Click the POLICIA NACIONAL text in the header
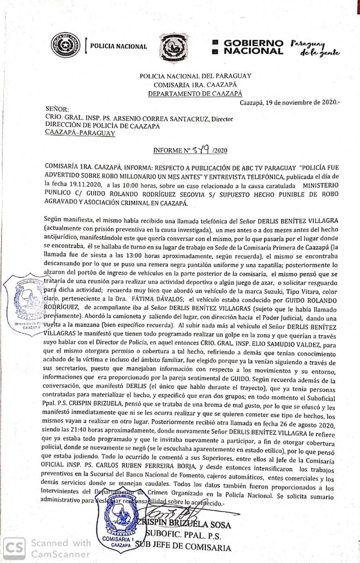(x=118, y=46)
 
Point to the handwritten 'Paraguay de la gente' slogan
(x=315, y=48)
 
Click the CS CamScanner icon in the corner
(x=15, y=547)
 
